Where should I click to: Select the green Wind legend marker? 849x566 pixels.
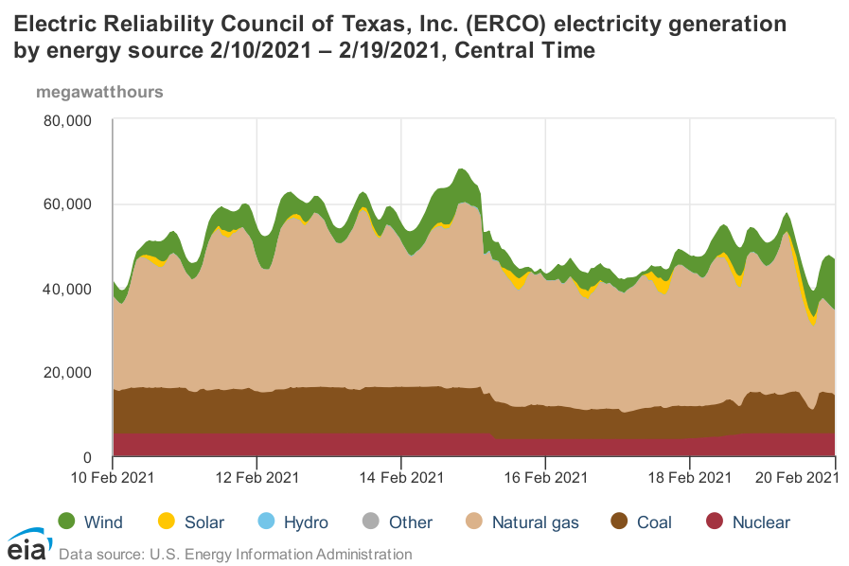pos(66,522)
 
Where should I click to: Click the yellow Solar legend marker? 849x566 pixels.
pos(167,522)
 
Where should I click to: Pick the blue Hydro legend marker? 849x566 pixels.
pos(265,522)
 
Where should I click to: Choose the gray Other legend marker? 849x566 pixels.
pos(370,522)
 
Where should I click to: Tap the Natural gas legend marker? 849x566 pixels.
pos(474,522)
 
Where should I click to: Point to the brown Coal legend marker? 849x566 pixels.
pos(620,522)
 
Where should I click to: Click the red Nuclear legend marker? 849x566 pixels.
pos(715,522)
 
